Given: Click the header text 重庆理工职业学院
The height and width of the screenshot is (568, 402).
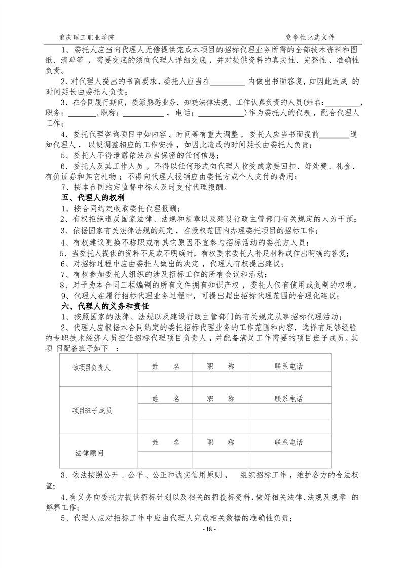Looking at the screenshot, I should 87,38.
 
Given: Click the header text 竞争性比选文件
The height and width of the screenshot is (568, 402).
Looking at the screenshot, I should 310,38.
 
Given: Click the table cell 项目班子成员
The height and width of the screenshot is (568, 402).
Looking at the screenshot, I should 92,410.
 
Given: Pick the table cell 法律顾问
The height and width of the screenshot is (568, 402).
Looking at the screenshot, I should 92,450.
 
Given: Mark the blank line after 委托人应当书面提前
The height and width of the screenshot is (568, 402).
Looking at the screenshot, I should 335,136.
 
